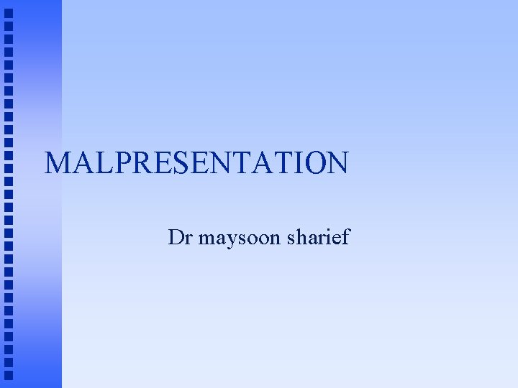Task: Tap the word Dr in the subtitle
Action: pos(179,236)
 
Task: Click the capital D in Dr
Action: pos(175,236)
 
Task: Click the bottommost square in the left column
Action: pos(9,374)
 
